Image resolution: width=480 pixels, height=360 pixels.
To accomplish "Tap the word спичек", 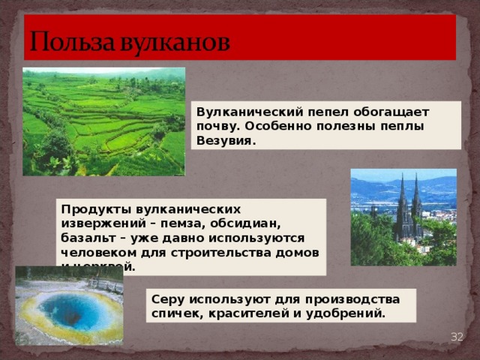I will click(174, 313).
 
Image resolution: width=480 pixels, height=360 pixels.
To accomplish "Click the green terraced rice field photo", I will click(103, 121).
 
